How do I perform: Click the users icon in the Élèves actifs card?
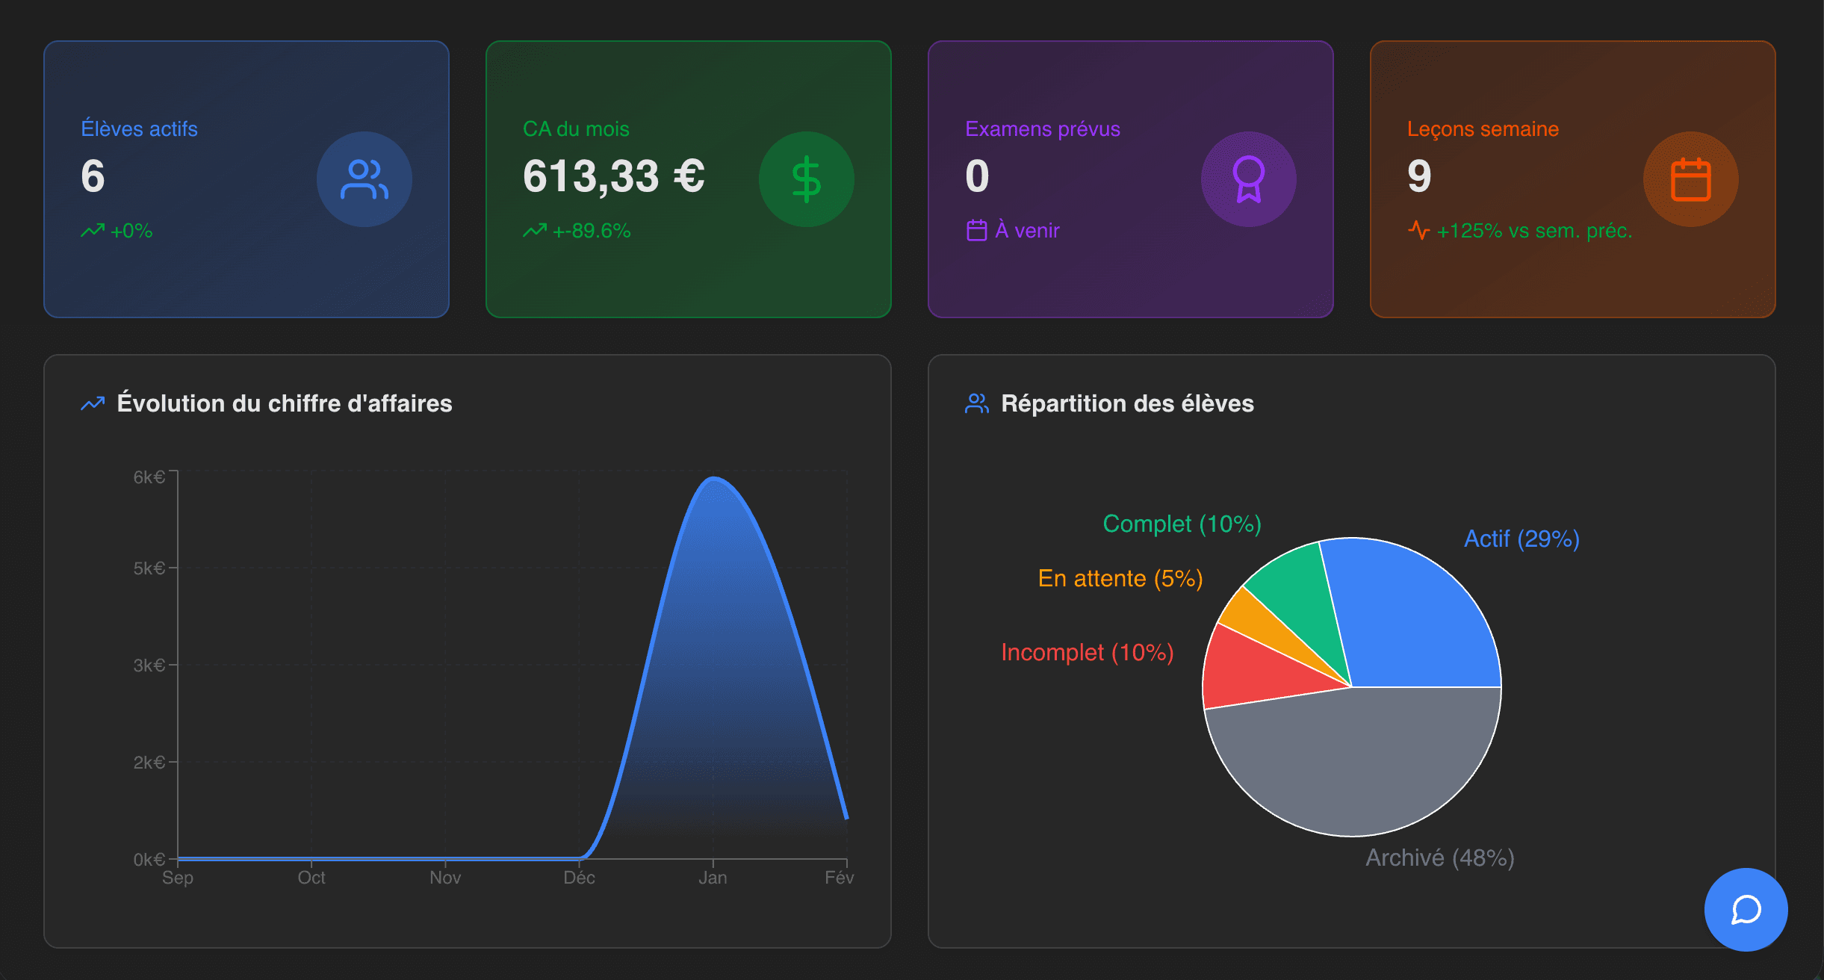(364, 179)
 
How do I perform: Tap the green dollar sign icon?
(806, 179)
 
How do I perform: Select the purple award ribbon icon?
(1248, 179)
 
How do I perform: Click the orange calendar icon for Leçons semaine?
(1690, 179)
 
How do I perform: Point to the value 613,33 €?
(613, 177)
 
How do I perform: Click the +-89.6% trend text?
(591, 231)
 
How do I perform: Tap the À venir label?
(1026, 231)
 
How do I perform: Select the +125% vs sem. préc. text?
(1533, 231)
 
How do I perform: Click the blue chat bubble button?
(1746, 909)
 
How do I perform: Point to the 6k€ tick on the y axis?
(149, 477)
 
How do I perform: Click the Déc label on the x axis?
(579, 878)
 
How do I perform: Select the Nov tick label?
(445, 878)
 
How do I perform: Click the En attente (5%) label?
(1120, 579)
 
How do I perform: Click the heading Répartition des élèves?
(1126, 403)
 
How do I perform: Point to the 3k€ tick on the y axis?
(149, 665)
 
